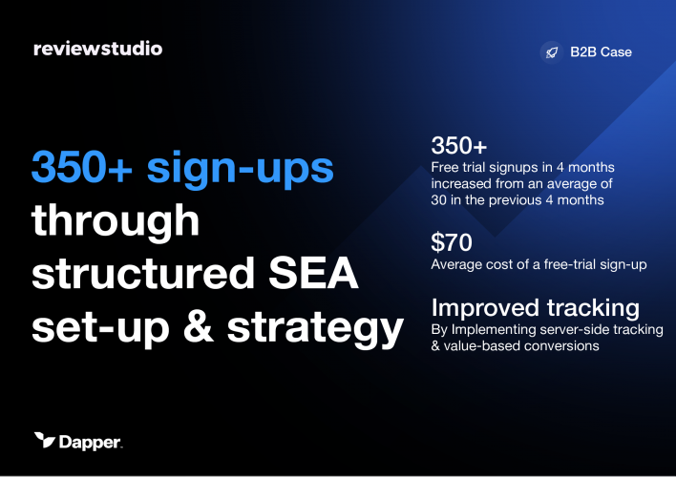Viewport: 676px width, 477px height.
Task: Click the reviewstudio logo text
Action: point(96,49)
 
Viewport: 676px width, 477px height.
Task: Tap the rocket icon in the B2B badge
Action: point(551,52)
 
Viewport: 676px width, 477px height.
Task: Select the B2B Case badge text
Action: point(602,52)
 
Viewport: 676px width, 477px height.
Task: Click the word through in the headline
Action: point(116,222)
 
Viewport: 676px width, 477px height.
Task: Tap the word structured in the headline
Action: point(143,275)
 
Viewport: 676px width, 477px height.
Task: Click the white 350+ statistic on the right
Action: point(459,147)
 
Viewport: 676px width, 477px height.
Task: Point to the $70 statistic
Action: point(452,242)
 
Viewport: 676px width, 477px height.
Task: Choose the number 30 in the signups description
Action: point(441,200)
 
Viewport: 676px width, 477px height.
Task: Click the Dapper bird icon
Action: point(45,440)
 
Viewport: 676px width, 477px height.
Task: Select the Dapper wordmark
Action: point(91,441)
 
